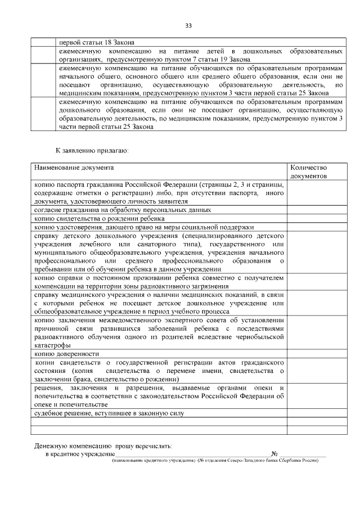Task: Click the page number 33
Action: pyautogui.click(x=188, y=25)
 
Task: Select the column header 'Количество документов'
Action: pyautogui.click(x=308, y=172)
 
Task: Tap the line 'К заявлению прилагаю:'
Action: pyautogui.click(x=92, y=151)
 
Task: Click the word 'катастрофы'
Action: pyautogui.click(x=52, y=345)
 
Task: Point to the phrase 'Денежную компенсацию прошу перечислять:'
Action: pyautogui.click(x=102, y=445)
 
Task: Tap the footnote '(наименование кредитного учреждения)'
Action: pyautogui.click(x=153, y=461)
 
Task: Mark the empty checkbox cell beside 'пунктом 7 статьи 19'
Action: pyautogui.click(x=43, y=55)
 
